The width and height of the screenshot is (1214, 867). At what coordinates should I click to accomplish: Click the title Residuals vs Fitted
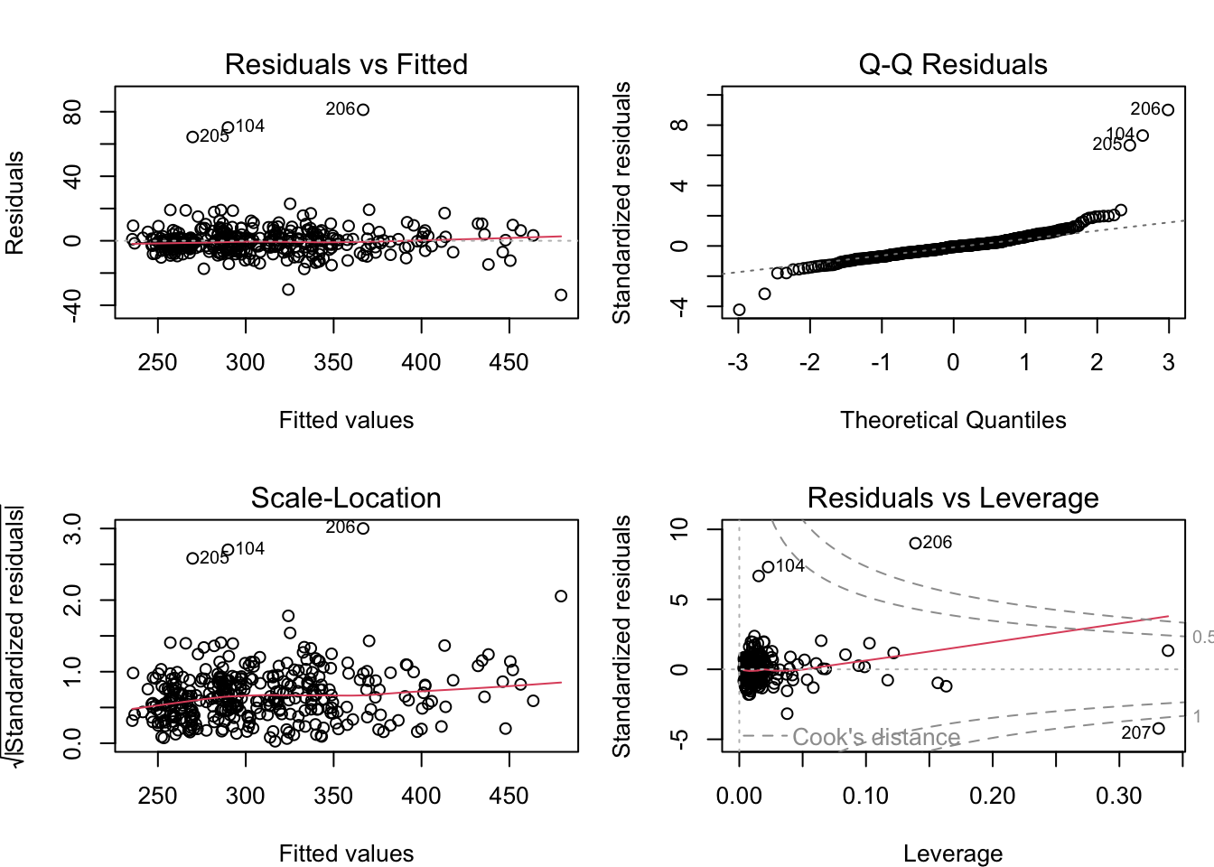346,64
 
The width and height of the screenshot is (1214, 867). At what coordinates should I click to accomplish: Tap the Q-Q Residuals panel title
953,64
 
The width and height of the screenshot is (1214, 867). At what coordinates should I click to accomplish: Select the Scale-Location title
346,498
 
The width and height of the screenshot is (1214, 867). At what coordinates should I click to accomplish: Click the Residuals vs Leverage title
953,498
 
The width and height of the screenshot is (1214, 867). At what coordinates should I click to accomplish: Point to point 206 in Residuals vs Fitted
363,110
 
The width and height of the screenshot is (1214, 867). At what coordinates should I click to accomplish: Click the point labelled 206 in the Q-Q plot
1168,110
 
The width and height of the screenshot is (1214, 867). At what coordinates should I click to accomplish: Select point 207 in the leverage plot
1159,729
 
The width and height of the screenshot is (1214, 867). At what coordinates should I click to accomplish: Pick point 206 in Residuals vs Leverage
915,544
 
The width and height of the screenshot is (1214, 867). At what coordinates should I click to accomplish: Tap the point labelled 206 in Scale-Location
363,528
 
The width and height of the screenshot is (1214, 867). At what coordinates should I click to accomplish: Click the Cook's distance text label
875,738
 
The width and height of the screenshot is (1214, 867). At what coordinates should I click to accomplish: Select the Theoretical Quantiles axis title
953,420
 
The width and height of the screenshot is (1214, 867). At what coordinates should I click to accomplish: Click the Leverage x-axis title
953,853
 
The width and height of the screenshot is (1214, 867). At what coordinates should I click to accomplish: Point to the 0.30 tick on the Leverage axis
1119,796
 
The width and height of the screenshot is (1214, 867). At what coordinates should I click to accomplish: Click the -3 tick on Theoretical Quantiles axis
738,362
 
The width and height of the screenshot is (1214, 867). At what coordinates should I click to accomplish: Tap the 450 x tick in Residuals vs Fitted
509,362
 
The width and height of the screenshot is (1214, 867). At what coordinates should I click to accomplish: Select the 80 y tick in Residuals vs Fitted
73,112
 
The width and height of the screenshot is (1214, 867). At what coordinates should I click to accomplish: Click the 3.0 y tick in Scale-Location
73,528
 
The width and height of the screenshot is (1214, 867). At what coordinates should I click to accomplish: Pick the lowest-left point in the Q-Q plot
739,310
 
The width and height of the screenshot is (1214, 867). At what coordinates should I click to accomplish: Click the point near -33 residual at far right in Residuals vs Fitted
561,295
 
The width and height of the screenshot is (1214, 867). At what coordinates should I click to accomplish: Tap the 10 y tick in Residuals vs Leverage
679,528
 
